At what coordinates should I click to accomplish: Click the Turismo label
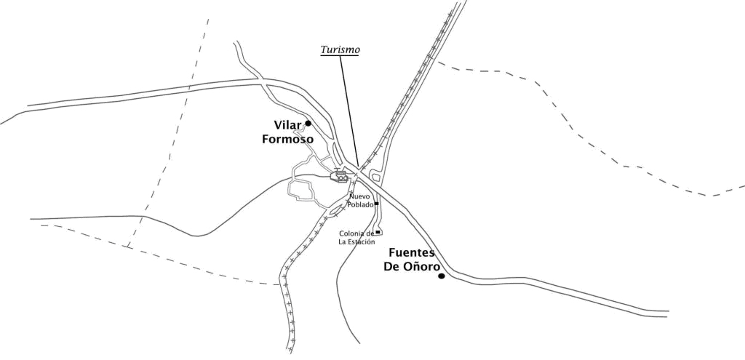coord(341,50)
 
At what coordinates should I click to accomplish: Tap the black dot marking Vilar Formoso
coord(308,123)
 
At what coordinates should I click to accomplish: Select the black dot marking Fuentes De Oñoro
coord(441,276)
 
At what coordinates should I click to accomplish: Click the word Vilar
coord(288,125)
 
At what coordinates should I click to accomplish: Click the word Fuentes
coord(411,252)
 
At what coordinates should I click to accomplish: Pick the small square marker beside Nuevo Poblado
coord(377,204)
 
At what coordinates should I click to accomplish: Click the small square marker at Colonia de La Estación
coord(378,231)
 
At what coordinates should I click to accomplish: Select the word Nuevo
coord(360,196)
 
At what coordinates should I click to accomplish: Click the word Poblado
coord(360,204)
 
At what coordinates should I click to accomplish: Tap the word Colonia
coord(352,233)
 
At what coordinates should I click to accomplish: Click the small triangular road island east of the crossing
coord(375,175)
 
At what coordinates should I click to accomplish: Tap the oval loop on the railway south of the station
coord(337,210)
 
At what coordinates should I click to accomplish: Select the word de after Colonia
coord(370,233)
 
